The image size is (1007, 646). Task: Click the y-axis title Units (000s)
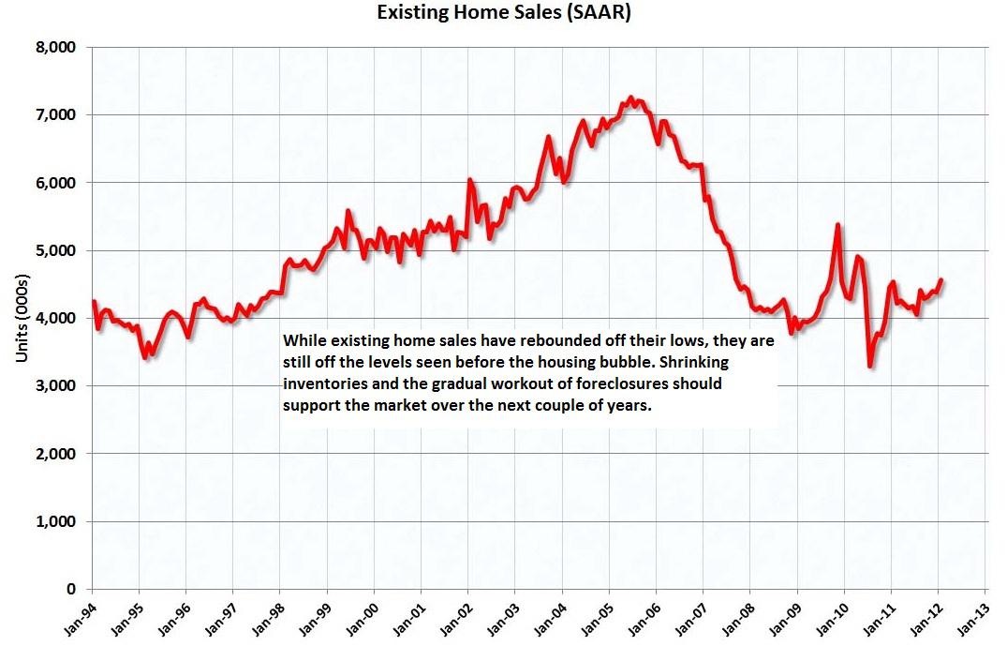[22, 319]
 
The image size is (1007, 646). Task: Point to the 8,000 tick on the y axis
[58, 47]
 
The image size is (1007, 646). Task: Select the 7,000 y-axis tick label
[58, 114]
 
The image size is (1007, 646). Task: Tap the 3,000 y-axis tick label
[58, 385]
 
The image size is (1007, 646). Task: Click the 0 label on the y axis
[72, 589]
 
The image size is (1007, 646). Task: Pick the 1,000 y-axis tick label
[58, 521]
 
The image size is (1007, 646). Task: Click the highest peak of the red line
[630, 98]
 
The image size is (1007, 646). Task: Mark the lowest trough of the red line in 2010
[870, 366]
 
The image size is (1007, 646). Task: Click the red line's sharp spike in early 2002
[470, 179]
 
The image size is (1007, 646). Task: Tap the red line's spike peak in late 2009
[837, 225]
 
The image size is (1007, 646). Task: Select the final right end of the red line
[940, 279]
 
